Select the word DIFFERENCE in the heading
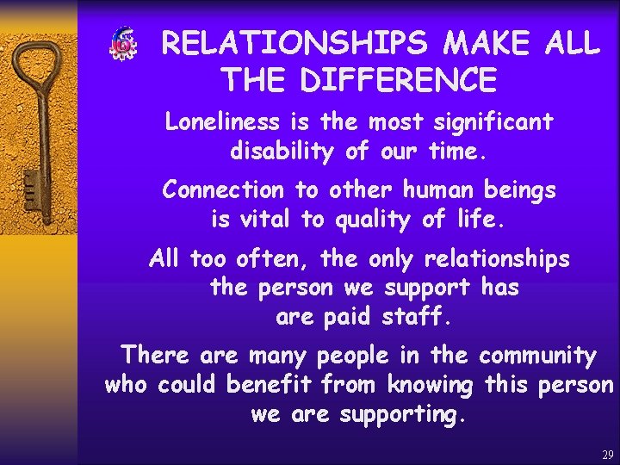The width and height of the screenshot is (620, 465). coord(399,80)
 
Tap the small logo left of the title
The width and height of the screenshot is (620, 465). coord(121,44)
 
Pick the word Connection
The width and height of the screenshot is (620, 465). coord(222,189)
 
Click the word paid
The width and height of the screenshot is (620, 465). coord(348,317)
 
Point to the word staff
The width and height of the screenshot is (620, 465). coord(416,317)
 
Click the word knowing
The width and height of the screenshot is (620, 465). coord(430,386)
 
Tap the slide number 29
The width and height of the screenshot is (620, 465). coord(608,455)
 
